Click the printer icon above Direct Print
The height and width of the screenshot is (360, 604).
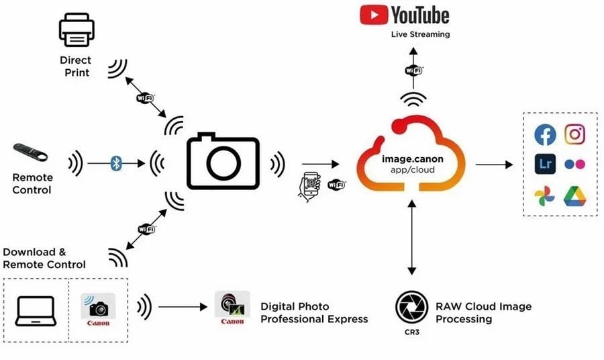(x=77, y=30)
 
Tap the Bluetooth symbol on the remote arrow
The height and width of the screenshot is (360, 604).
(x=116, y=163)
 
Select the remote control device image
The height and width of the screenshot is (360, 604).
(x=30, y=152)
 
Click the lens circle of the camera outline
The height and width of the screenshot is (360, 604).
(x=223, y=163)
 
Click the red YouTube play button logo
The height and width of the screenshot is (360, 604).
(x=374, y=15)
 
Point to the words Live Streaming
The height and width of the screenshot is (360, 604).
(x=420, y=34)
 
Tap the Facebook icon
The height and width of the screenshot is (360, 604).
(x=545, y=135)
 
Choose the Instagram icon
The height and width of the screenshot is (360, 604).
(x=574, y=134)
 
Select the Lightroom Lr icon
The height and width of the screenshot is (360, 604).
(x=545, y=164)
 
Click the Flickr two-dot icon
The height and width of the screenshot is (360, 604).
(x=574, y=165)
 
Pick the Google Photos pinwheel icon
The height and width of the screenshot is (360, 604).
(x=545, y=196)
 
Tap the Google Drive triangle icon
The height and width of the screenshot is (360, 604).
(x=574, y=196)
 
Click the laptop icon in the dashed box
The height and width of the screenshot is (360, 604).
(x=36, y=311)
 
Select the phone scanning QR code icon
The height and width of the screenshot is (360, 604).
(x=309, y=187)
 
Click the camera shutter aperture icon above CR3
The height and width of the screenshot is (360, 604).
(x=412, y=307)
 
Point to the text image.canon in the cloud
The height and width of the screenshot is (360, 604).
(x=413, y=159)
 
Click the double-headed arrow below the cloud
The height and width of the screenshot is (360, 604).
(x=412, y=238)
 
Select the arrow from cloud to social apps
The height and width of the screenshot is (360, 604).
(x=494, y=165)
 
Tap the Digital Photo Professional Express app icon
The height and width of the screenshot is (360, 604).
(x=232, y=308)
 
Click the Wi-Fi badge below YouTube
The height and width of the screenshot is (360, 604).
(x=413, y=71)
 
